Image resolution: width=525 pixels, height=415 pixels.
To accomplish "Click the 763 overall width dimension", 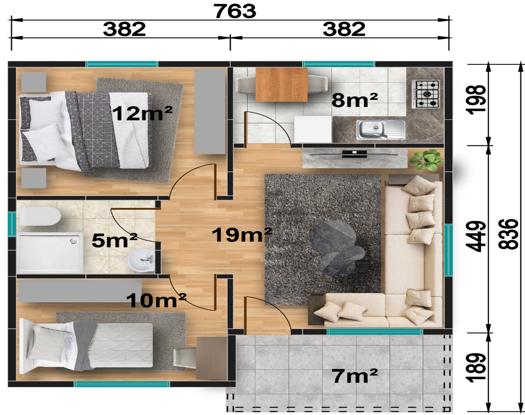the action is pyautogui.click(x=235, y=11).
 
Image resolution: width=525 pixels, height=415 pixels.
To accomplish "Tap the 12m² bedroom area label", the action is pyautogui.click(x=143, y=113).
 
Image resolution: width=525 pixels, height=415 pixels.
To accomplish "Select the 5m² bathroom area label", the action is pyautogui.click(x=114, y=240).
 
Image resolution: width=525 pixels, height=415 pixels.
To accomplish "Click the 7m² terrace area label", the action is pyautogui.click(x=355, y=376).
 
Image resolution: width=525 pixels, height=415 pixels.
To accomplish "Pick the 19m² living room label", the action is pyautogui.click(x=242, y=235).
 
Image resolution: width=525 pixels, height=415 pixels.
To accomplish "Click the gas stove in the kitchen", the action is pyautogui.click(x=426, y=94).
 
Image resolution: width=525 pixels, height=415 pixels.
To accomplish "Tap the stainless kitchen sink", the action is pyautogui.click(x=381, y=130).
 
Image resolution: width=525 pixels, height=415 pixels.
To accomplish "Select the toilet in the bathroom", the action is pyautogui.click(x=40, y=216).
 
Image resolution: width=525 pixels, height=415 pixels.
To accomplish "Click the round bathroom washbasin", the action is pyautogui.click(x=141, y=260).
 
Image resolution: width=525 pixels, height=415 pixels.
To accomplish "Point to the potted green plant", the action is pyautogui.click(x=426, y=160).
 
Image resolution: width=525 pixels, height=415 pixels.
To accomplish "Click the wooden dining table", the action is pyautogui.click(x=282, y=84).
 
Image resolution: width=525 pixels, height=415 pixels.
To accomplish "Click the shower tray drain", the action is pyautogui.click(x=73, y=241).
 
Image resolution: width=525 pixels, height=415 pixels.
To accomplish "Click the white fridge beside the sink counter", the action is pyautogui.click(x=313, y=129).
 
